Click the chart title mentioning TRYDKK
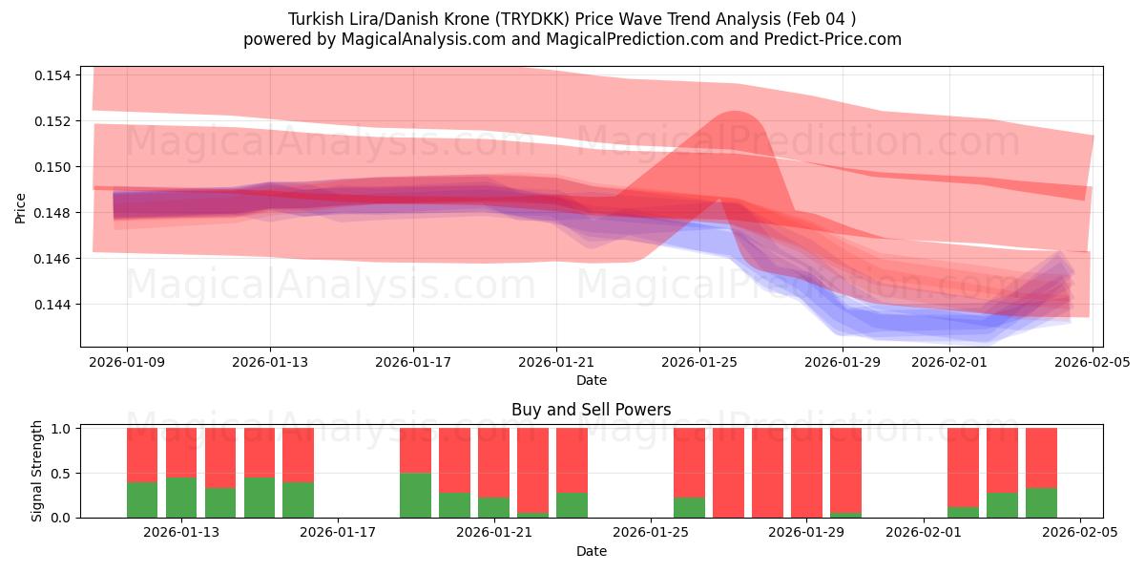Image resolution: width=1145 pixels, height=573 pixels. tap(572, 18)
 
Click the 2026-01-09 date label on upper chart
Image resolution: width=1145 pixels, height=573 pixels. tap(127, 362)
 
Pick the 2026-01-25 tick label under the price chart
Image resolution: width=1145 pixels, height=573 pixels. tap(699, 362)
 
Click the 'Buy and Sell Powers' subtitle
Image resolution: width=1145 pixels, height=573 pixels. tap(591, 410)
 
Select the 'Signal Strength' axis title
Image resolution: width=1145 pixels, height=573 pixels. tap(37, 471)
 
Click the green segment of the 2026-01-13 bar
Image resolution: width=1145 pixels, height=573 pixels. tap(181, 498)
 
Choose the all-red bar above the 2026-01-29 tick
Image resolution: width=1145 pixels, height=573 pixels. tap(806, 473)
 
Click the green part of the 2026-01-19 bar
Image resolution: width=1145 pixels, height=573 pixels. tap(415, 495)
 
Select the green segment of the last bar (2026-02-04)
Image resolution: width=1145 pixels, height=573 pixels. tap(1041, 502)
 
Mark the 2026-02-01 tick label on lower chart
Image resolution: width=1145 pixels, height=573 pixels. tap(925, 532)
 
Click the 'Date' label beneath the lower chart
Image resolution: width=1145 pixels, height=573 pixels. tap(591, 551)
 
